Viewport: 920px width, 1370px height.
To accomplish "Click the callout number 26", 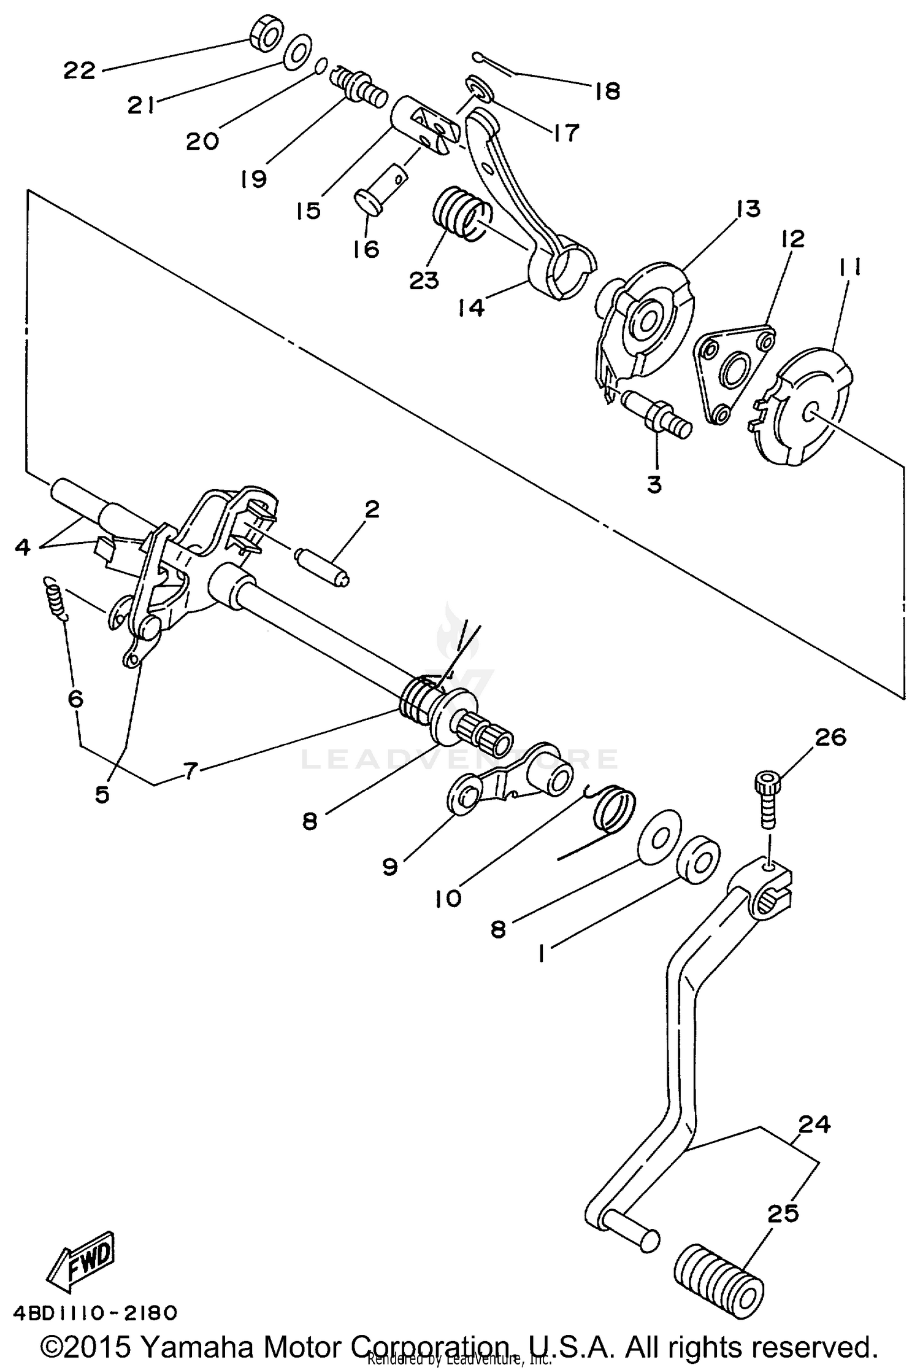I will click(x=830, y=737).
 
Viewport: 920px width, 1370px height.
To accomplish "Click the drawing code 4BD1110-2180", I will click(x=96, y=1313).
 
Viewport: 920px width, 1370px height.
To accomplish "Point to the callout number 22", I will click(x=80, y=71).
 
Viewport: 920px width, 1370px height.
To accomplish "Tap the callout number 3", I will click(x=654, y=484).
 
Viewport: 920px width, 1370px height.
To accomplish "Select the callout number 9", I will click(x=390, y=866).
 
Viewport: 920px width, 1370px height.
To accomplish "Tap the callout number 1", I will click(x=542, y=953).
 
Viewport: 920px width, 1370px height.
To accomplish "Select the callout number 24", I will click(x=815, y=1124).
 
